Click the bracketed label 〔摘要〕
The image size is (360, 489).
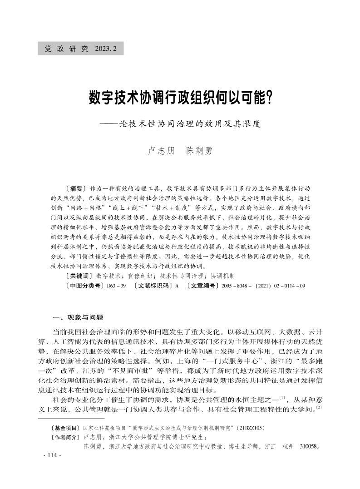tap(75, 188)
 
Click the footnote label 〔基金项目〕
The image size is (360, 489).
tap(65, 428)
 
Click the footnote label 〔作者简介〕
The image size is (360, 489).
tap(65, 437)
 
